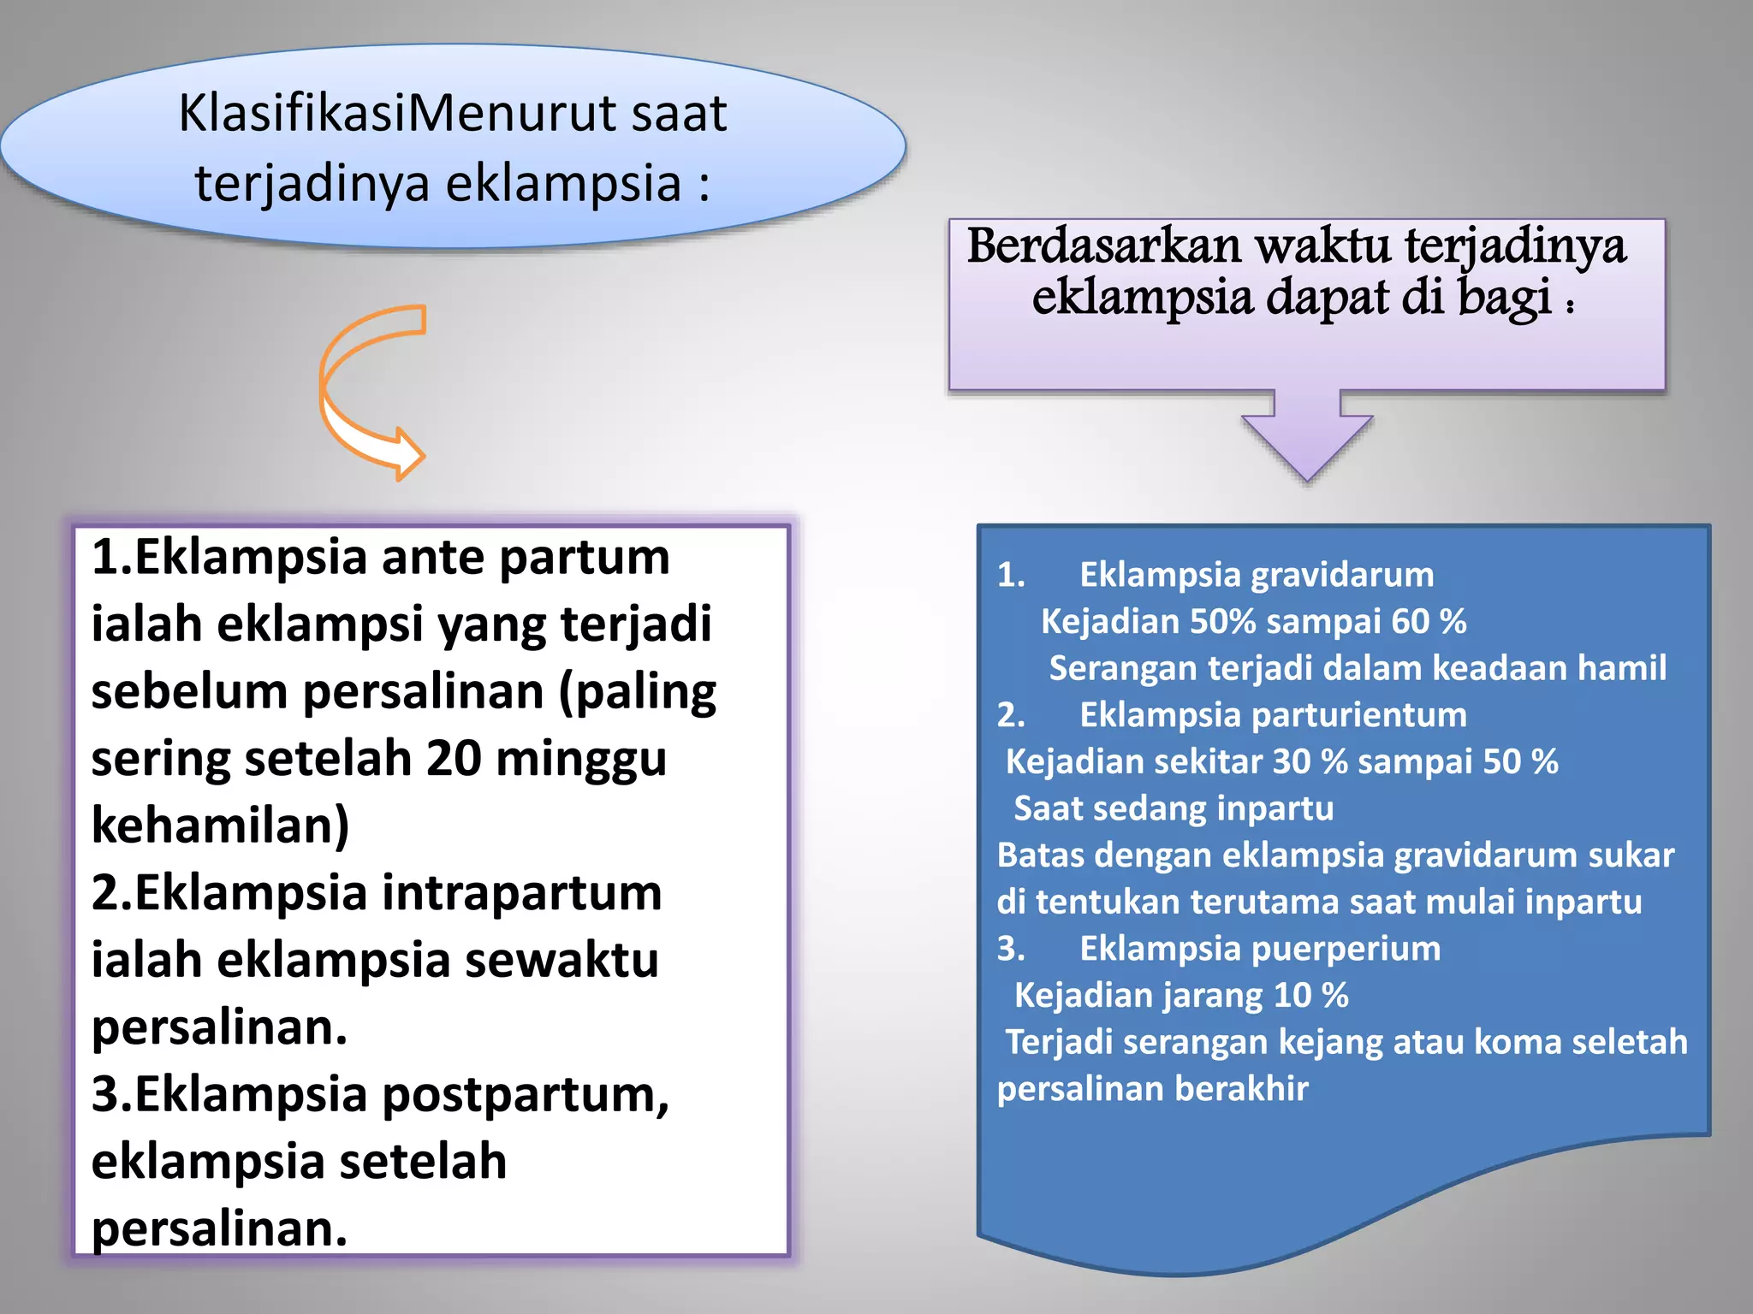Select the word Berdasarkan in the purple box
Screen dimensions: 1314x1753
[1104, 246]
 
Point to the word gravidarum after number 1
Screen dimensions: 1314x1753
[1342, 575]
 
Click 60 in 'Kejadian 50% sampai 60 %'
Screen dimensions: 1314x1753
[1410, 622]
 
